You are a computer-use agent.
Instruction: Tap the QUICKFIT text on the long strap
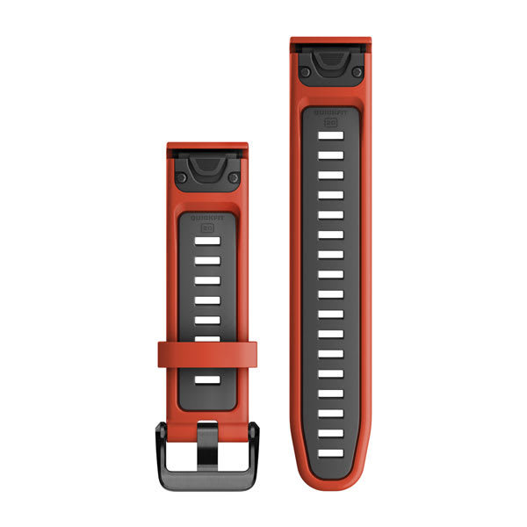coord(331,111)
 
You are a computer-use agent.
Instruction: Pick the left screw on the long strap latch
coord(303,69)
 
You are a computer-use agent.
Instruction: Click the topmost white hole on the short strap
coord(208,243)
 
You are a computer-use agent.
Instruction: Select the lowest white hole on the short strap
coord(208,380)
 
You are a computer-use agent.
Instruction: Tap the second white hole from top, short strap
coord(208,262)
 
